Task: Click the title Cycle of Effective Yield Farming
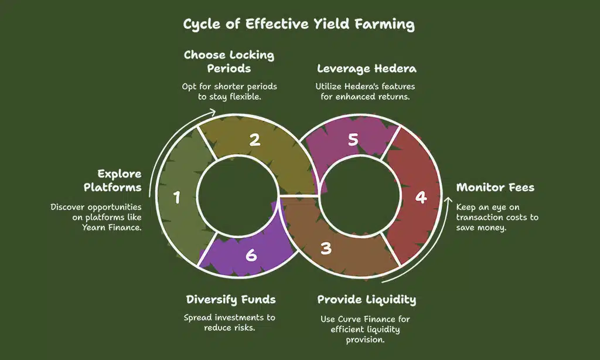coord(299,25)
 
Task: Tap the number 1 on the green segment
coord(176,198)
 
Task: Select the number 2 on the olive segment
coord(254,140)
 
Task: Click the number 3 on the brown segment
coord(326,248)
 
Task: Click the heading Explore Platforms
coord(119,180)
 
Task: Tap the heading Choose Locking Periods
coord(229,62)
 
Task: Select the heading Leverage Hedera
coord(367,69)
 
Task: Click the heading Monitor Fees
coord(495,188)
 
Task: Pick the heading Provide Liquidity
coord(367,300)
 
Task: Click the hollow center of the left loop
coord(237,194)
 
